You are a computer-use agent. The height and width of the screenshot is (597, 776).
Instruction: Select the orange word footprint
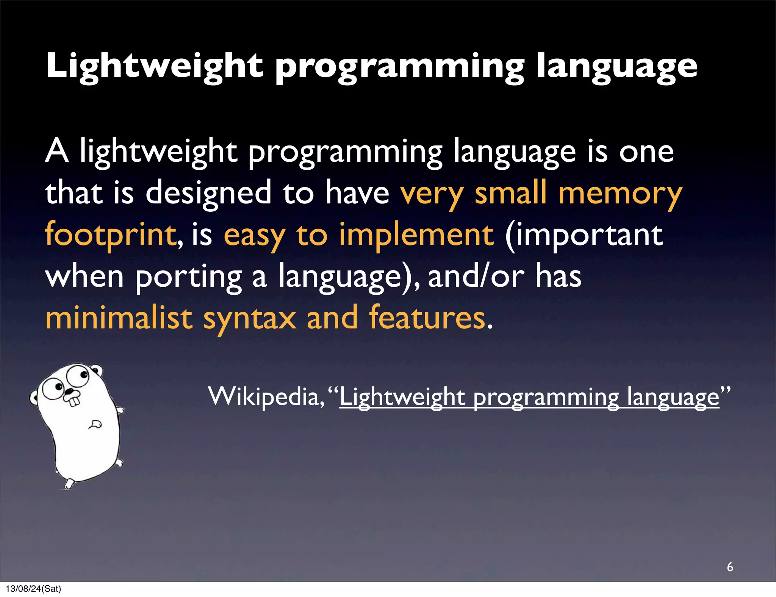pyautogui.click(x=110, y=235)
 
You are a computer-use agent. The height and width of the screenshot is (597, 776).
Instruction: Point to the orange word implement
pyautogui.click(x=416, y=235)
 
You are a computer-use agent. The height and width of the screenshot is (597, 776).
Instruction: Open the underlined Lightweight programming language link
pyautogui.click(x=529, y=398)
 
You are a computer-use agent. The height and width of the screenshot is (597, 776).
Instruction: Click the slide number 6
pyautogui.click(x=730, y=567)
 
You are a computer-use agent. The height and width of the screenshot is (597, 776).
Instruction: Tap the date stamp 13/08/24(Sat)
pyautogui.click(x=33, y=589)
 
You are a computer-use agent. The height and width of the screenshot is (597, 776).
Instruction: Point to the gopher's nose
pyautogui.click(x=70, y=391)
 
